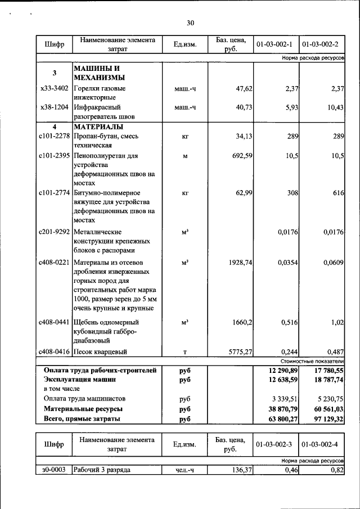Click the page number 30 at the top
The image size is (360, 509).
(x=190, y=23)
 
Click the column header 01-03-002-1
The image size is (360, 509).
(x=274, y=44)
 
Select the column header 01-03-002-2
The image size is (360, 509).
(x=321, y=44)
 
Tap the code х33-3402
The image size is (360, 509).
(x=54, y=88)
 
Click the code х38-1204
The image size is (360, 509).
(x=54, y=107)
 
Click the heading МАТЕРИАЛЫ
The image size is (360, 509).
(x=98, y=127)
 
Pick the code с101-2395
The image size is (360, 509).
(x=54, y=155)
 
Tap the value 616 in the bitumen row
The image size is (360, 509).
(x=337, y=193)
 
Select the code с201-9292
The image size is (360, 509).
(x=54, y=232)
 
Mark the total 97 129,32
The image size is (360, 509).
(x=326, y=418)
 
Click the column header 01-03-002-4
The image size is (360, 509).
(x=321, y=444)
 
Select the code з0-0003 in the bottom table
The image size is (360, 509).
(x=54, y=470)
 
